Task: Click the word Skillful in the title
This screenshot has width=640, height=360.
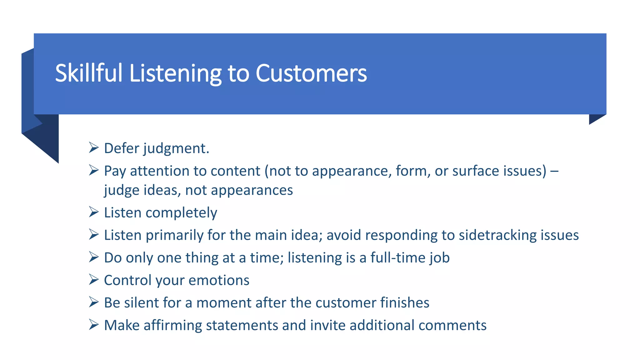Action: coord(88,73)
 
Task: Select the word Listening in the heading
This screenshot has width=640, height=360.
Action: coord(175,73)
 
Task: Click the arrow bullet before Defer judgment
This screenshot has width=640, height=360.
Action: coord(93,147)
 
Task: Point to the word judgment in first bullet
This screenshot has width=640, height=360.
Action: coord(176,148)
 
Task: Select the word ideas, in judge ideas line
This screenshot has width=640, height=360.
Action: coord(162,190)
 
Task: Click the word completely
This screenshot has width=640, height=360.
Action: coord(181,213)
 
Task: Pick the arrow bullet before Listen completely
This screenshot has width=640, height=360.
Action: coord(93,212)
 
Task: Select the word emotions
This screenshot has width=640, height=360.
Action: coord(219,280)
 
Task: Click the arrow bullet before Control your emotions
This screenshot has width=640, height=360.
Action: coord(93,279)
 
